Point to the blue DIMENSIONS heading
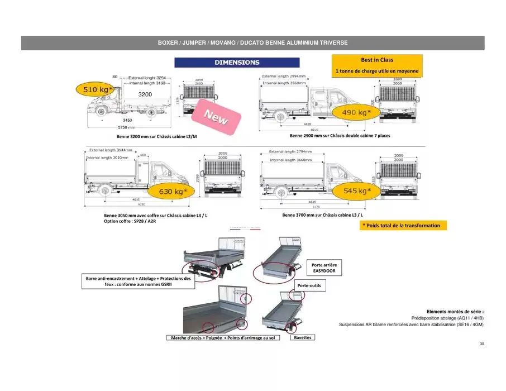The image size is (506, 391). pos(237,63)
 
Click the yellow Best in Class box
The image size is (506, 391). pos(377,65)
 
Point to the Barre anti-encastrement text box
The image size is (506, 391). pos(138,281)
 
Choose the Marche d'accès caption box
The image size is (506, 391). pos(222,338)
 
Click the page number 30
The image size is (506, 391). pos(481,344)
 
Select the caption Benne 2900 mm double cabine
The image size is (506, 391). pos(340,136)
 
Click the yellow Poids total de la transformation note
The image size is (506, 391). pos(401,226)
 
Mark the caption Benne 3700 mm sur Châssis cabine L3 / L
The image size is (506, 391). pos(322,215)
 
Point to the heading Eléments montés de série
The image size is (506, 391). pos(455,311)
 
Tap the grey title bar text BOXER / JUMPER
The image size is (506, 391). pos(252,43)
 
